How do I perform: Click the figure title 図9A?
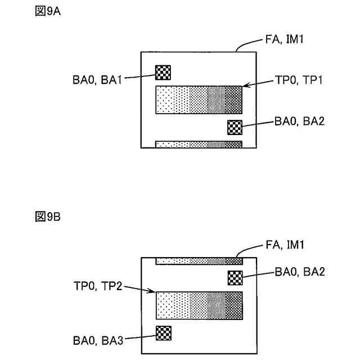click(47, 12)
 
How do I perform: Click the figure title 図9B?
click(47, 217)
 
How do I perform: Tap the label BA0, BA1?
click(97, 80)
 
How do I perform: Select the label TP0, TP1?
click(298, 80)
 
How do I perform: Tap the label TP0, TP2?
click(97, 286)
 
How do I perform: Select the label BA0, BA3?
click(97, 340)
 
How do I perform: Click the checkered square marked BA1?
click(163, 72)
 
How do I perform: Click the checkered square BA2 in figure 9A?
click(235, 128)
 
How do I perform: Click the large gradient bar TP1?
click(199, 100)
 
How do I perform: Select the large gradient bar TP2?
click(199, 306)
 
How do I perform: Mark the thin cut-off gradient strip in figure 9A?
click(199, 145)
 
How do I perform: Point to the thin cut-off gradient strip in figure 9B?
click(199, 261)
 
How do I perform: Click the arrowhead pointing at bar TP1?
click(244, 86)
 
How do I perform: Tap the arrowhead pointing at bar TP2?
click(153, 292)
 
